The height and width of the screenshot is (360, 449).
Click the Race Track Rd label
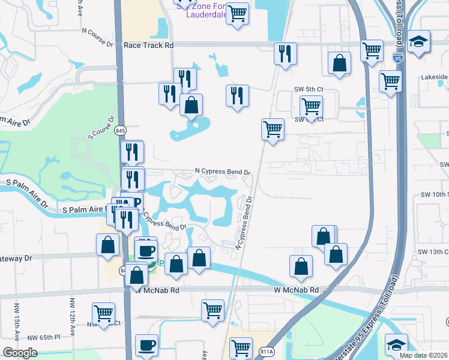(148, 45)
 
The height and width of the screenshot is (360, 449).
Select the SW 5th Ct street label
(309, 89)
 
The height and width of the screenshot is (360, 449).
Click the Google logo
(20, 353)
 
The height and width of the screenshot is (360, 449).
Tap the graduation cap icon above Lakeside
(418, 42)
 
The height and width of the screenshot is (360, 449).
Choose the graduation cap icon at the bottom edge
(396, 346)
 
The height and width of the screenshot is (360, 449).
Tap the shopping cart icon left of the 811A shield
(241, 347)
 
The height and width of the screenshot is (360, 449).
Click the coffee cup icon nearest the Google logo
(146, 346)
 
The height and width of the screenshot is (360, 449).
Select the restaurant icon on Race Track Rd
(286, 53)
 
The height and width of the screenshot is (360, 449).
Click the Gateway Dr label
(15, 258)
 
